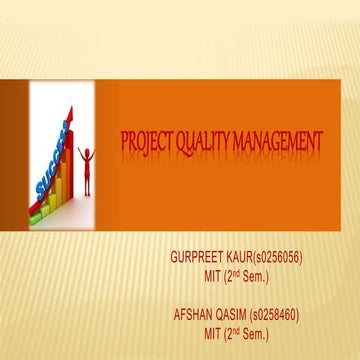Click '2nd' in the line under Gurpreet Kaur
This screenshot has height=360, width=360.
click(x=245, y=274)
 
